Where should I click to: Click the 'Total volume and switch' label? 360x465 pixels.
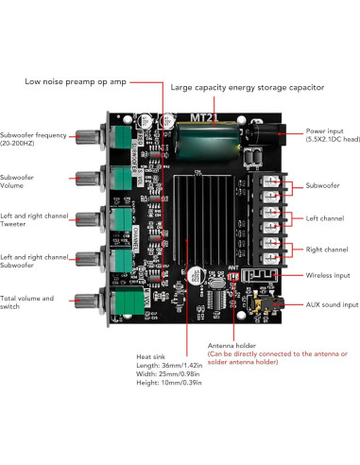pos(27,302)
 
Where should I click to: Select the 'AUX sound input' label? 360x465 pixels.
pos(333,305)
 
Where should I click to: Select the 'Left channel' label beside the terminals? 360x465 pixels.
pos(324,217)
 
